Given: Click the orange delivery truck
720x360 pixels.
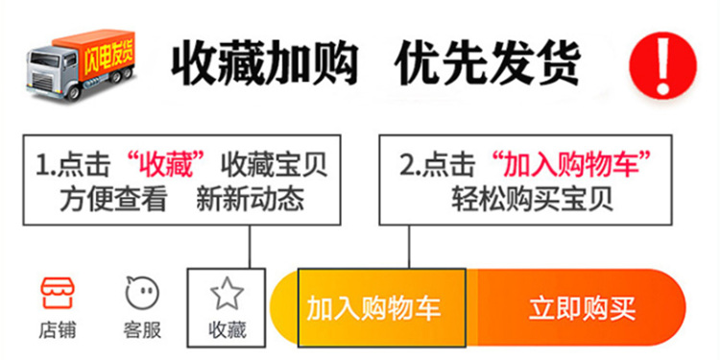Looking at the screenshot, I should [x=81, y=62].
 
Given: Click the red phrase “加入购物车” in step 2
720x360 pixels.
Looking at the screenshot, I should [x=572, y=164].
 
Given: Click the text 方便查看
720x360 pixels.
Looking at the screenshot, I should [x=113, y=200].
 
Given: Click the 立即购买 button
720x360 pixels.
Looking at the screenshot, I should [x=582, y=309].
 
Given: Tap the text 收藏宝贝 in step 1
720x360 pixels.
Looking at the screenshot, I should [x=275, y=164].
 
